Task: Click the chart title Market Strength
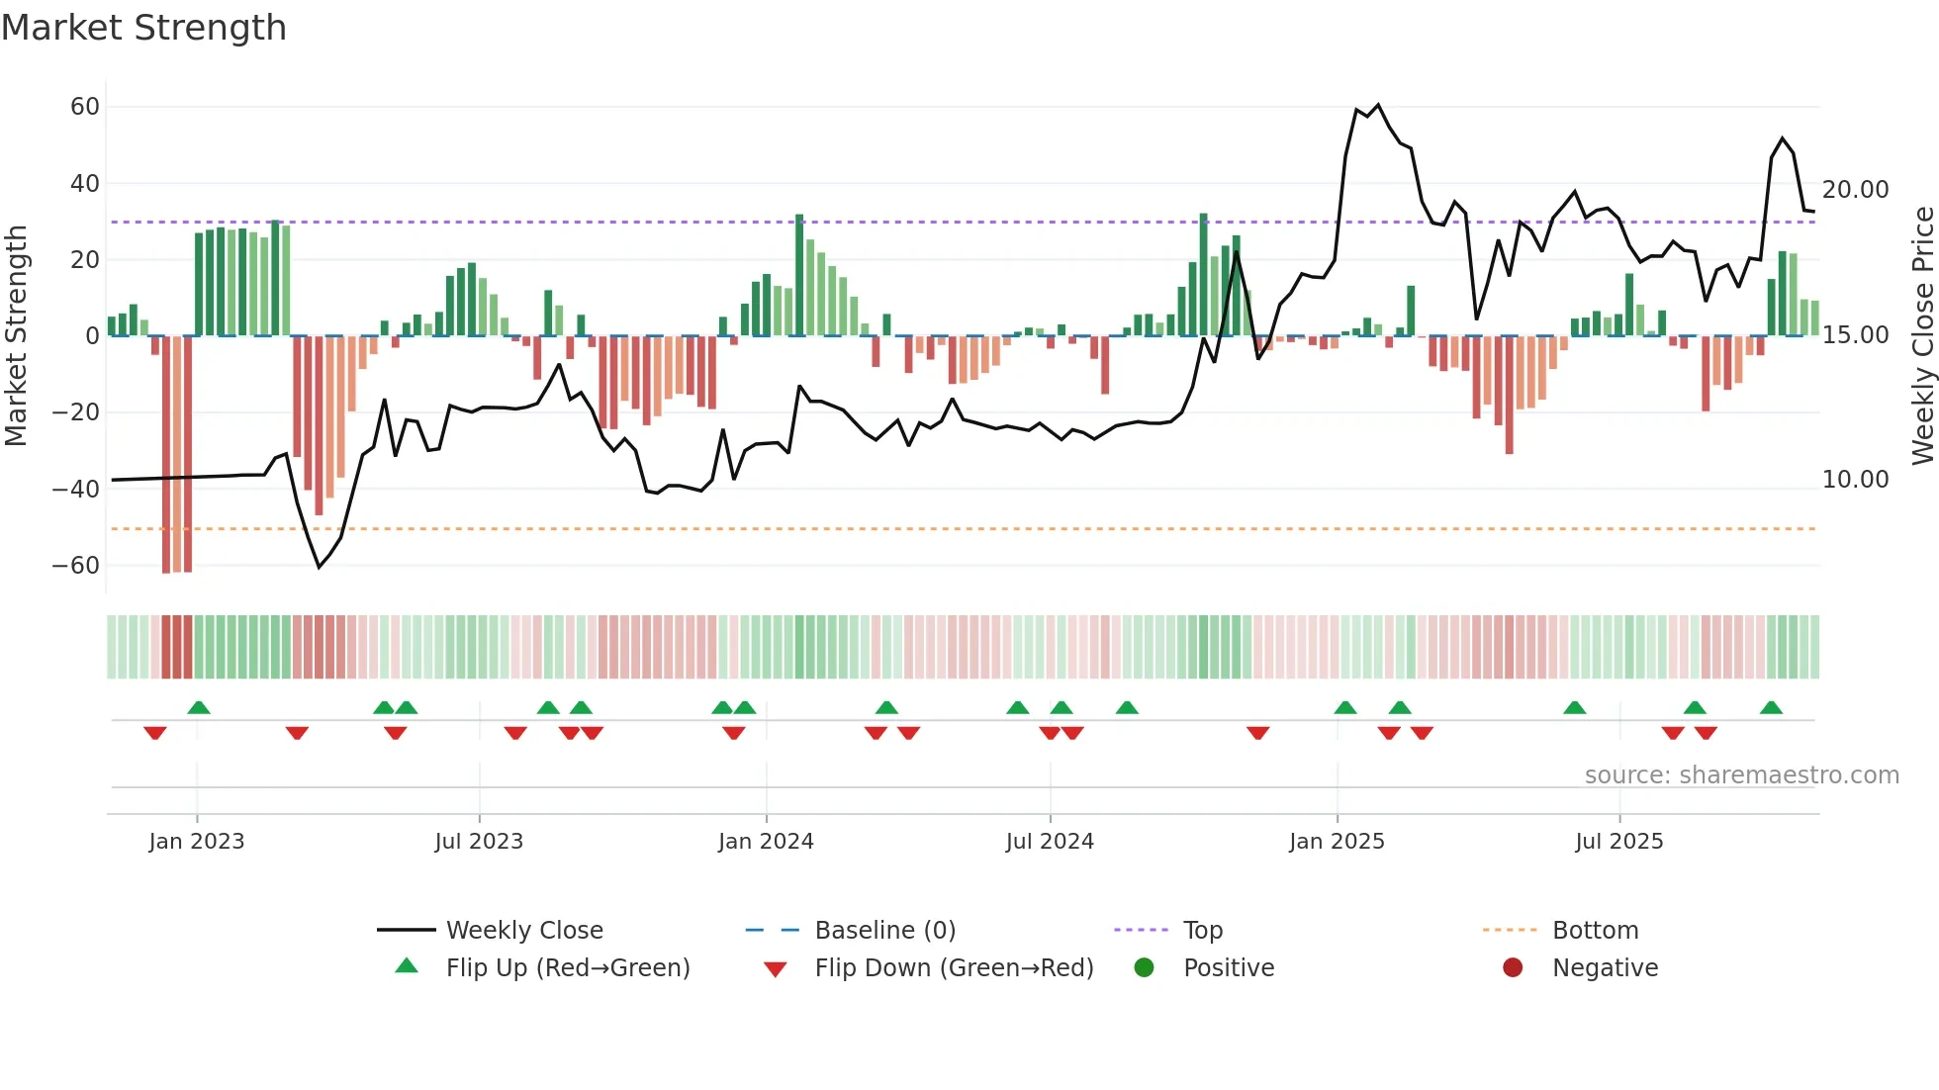click(x=143, y=28)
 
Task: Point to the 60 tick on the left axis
click(x=85, y=107)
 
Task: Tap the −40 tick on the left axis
click(x=76, y=489)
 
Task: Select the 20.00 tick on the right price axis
click(x=1855, y=189)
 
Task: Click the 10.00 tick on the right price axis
click(x=1855, y=480)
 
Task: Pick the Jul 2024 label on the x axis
click(x=1050, y=842)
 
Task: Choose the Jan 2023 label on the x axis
click(x=197, y=842)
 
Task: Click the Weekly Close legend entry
click(x=524, y=931)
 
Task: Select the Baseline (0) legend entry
click(x=884, y=931)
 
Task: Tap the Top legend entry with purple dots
click(x=1203, y=931)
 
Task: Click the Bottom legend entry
click(x=1595, y=931)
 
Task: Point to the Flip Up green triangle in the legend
click(x=407, y=966)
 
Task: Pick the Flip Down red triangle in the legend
click(x=776, y=969)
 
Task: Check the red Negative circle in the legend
click(x=1513, y=967)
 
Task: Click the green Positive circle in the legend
click(x=1145, y=967)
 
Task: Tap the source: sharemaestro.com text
click(x=1741, y=775)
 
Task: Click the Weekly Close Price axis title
click(x=1922, y=336)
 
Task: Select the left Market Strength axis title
click(x=16, y=336)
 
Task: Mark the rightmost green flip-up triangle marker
click(x=1771, y=708)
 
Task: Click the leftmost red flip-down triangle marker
click(x=155, y=732)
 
